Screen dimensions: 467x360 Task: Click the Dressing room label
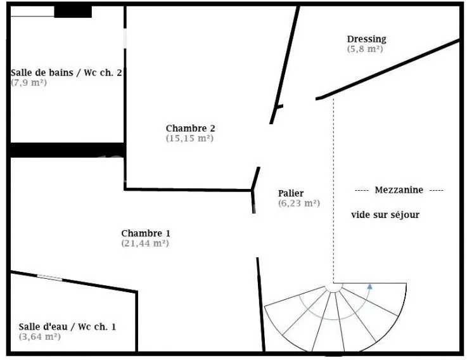[367, 39]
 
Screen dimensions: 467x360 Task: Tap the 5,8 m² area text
[365, 49]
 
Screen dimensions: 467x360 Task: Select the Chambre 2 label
[190, 128]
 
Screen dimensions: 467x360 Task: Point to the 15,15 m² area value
[189, 138]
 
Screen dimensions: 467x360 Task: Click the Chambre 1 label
[146, 233]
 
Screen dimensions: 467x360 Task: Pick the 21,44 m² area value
[145, 243]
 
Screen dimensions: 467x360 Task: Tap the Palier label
[291, 193]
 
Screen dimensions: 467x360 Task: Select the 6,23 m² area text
[299, 203]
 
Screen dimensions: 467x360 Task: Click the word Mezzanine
[399, 190]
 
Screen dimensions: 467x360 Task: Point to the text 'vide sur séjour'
[385, 215]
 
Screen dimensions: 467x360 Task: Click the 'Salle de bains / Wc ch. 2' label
[67, 72]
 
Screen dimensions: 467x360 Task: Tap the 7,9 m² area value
[29, 82]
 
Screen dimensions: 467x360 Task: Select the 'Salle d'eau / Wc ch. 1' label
[67, 326]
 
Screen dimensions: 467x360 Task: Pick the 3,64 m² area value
[40, 337]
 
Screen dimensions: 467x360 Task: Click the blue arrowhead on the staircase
[369, 286]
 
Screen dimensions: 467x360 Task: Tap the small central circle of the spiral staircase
[333, 287]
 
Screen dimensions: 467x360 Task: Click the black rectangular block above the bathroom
[73, 11]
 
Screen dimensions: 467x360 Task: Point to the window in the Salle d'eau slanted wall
[49, 278]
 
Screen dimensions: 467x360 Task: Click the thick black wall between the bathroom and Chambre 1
[68, 150]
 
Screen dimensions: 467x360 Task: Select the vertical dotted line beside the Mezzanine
[333, 191]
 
